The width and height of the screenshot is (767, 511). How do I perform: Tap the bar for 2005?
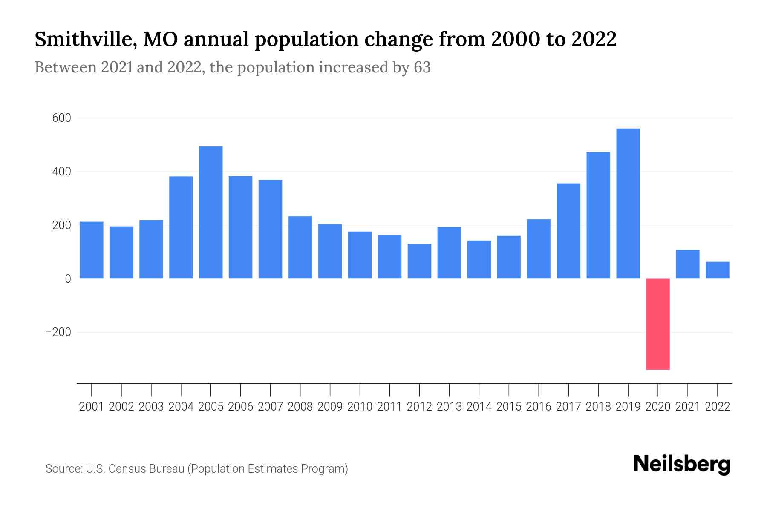[x=210, y=212]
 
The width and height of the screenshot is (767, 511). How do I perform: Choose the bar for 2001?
[x=92, y=250]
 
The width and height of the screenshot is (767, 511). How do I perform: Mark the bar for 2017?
[x=568, y=231]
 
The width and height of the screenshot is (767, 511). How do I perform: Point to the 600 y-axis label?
[x=61, y=118]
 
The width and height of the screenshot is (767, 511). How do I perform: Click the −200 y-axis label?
[x=58, y=332]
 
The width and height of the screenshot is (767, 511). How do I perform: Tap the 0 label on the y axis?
[x=68, y=279]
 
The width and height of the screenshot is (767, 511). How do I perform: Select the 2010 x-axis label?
[x=360, y=407]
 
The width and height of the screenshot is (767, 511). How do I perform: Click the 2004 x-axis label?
[x=181, y=407]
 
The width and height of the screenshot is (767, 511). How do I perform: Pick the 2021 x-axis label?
[x=687, y=407]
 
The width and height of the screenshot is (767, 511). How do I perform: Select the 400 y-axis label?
[x=61, y=172]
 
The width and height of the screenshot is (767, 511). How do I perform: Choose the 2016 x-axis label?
[x=538, y=407]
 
